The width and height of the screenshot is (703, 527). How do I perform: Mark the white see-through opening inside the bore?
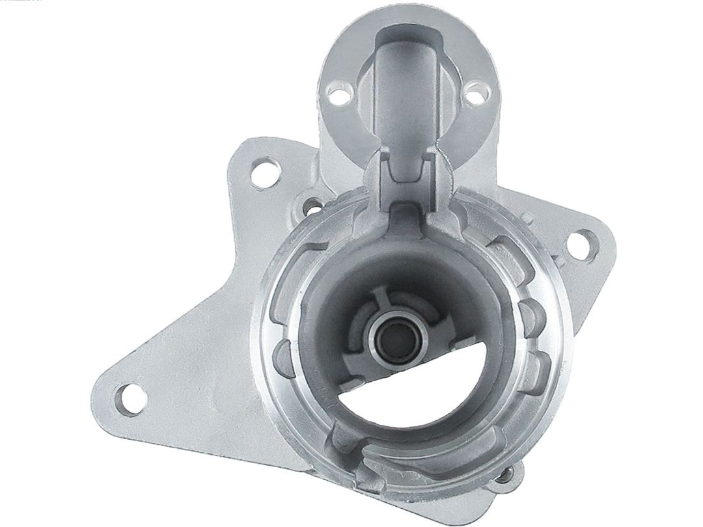(391, 407)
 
